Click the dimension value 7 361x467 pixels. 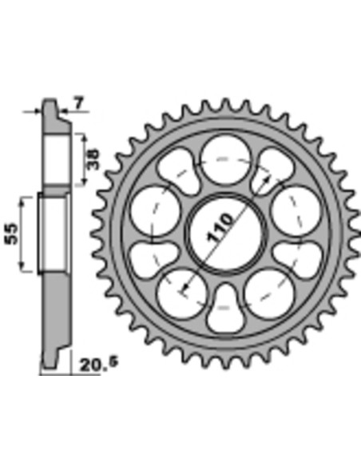click(x=77, y=102)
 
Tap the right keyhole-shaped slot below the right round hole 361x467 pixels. click(x=297, y=257)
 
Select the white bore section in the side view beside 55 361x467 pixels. click(x=54, y=233)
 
